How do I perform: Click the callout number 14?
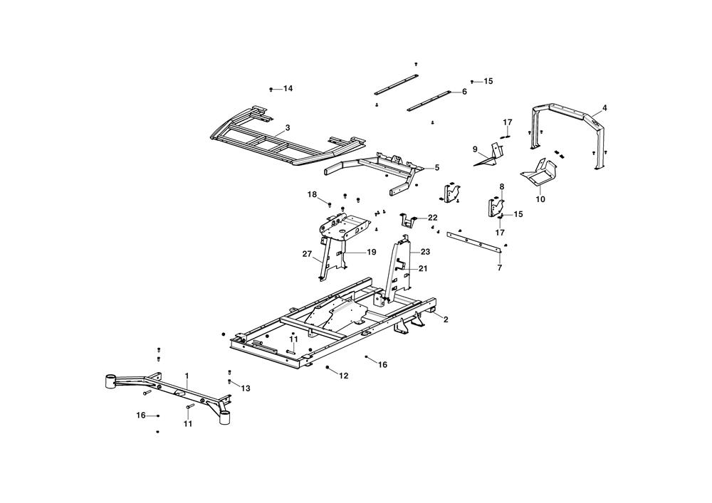[x=288, y=88]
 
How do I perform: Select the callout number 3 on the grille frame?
[x=287, y=128]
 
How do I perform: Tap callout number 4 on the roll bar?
[x=604, y=108]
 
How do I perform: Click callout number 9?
[x=475, y=149]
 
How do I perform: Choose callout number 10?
[x=540, y=200]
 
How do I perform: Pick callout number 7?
[x=500, y=268]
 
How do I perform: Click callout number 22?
[x=432, y=217]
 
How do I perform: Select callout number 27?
[x=307, y=254]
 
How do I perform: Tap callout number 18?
[x=312, y=194]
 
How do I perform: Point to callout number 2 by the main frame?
[x=446, y=320]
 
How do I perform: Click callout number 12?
[x=343, y=376]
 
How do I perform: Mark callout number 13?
[x=246, y=388]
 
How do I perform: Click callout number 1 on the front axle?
[x=187, y=375]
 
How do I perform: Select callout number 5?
[x=436, y=168]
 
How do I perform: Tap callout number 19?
[x=372, y=252]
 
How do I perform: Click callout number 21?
[x=423, y=268]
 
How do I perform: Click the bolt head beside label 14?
[x=272, y=89]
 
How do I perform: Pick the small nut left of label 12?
[x=327, y=367]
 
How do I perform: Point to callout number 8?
[x=501, y=187]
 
